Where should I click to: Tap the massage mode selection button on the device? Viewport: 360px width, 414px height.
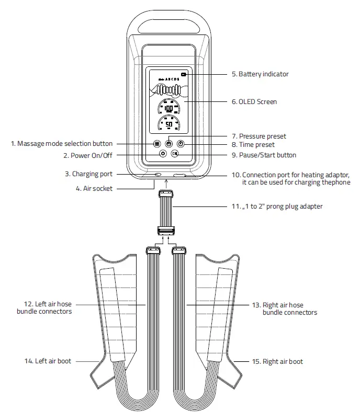point(156,144)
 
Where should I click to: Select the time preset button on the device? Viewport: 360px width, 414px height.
point(181,144)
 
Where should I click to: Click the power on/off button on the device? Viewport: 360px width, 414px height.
point(163,154)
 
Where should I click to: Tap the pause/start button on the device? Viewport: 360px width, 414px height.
point(175,154)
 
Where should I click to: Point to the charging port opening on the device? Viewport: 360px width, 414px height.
point(157,174)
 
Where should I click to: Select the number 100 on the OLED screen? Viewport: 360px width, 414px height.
point(168,109)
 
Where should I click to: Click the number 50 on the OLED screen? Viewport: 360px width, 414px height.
point(168,124)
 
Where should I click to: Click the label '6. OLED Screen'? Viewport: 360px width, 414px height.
point(254,101)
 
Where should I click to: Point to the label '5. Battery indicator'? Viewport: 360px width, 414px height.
point(260,74)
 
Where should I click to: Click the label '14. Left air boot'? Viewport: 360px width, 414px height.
point(47,361)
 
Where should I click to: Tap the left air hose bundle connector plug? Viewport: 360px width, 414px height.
point(153,250)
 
